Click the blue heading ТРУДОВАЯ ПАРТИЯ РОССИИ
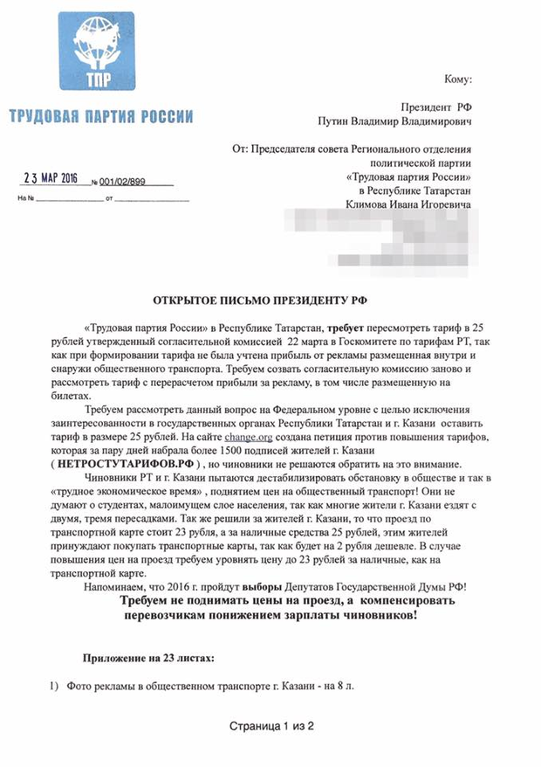pos(101,116)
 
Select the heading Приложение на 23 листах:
pos(147,656)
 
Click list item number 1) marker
pos(54,688)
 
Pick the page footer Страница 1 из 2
pos(270,725)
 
